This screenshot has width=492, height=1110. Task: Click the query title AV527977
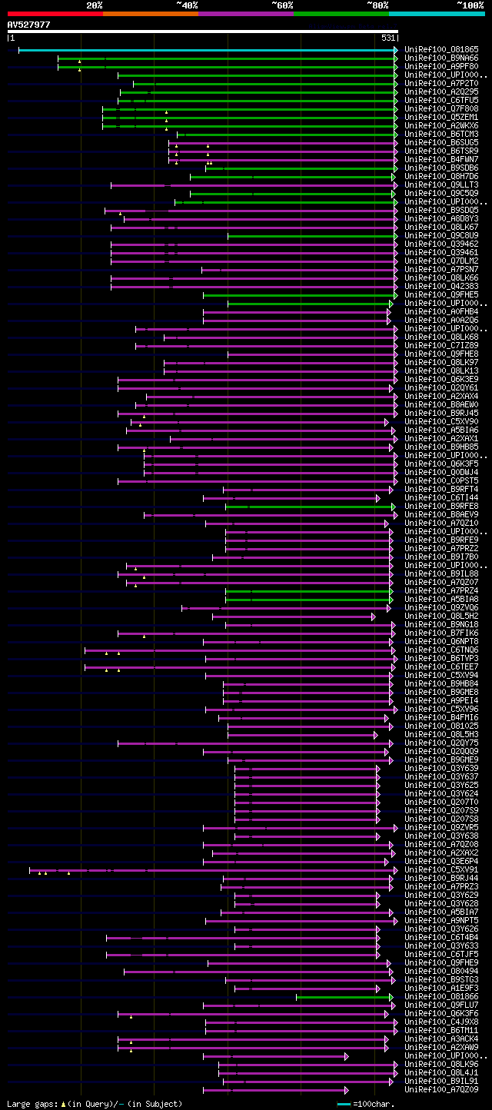pos(29,25)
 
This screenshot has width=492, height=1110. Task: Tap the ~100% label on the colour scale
pos(470,5)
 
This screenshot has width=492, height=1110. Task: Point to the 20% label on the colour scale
pos(95,5)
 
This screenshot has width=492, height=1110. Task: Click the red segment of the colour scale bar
pos(54,14)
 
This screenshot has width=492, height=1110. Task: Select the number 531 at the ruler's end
pos(387,38)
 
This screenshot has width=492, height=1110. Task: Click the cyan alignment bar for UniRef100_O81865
pos(208,50)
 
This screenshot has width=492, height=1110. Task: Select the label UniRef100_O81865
pos(441,50)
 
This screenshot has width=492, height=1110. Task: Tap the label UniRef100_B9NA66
pos(441,58)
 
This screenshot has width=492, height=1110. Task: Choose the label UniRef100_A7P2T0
pos(441,84)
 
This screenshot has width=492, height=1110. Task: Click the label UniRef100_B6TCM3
pos(441,135)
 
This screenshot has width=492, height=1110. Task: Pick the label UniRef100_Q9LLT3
pos(441,185)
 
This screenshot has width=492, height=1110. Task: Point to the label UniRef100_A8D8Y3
pos(441,219)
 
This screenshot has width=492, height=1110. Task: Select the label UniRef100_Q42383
pos(441,287)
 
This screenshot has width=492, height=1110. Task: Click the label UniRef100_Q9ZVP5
pos(441,828)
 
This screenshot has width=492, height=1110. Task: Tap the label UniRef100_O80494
pos(441,972)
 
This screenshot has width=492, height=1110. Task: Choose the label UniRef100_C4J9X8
pos(441,1022)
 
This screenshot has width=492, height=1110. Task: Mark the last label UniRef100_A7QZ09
pos(441,1090)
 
